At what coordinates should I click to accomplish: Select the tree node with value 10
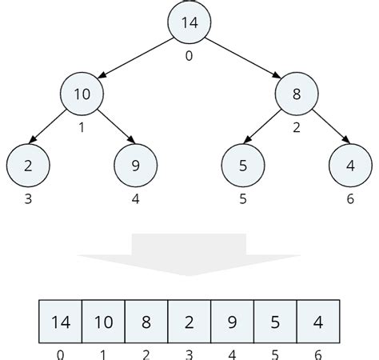82,94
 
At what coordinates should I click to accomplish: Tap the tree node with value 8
297,94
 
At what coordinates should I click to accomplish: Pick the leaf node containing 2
28,166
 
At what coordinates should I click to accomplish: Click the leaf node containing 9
136,166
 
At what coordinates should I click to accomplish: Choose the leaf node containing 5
242,166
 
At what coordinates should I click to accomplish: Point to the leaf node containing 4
350,166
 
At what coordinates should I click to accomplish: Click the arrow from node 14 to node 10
136,58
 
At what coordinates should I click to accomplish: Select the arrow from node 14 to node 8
243,58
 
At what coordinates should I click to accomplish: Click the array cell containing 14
61,322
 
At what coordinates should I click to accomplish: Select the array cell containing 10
104,322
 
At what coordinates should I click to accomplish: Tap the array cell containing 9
232,322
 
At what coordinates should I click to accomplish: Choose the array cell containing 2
189,322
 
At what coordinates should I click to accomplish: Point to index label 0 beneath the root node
189,55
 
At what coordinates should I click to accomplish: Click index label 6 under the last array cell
317,354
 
